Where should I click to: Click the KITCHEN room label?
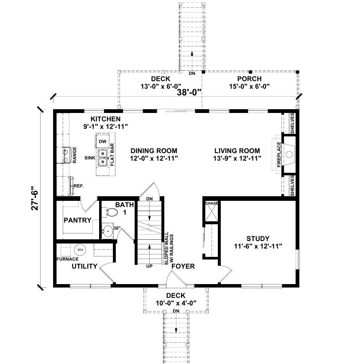point(102,119)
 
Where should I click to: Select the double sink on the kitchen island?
point(102,157)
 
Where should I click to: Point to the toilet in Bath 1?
point(110,212)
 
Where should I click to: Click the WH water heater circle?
point(80,250)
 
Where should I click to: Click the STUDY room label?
point(258,239)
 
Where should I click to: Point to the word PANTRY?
point(77,220)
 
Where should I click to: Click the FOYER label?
point(183,266)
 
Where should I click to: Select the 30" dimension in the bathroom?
point(117,228)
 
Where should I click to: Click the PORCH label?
point(249,79)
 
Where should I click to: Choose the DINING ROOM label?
point(153,151)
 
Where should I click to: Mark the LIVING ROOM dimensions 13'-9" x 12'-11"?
point(237,158)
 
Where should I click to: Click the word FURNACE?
point(67,259)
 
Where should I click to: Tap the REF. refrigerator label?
point(79,185)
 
